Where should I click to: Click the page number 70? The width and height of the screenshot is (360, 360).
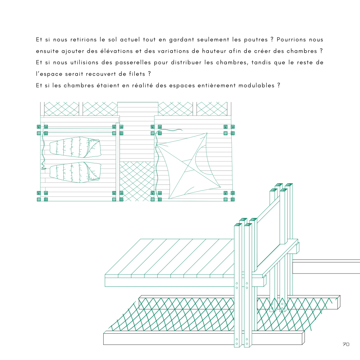click(x=346, y=344)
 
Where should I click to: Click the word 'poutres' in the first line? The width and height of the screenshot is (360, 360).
click(x=256, y=40)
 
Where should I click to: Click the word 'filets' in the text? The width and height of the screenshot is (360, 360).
click(x=137, y=74)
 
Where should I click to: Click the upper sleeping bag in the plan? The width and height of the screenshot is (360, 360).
click(x=75, y=147)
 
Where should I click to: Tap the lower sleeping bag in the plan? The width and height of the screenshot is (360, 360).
click(x=75, y=172)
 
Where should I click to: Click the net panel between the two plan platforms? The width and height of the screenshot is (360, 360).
click(x=137, y=181)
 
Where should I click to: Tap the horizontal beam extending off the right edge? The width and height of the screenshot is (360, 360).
click(x=326, y=266)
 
